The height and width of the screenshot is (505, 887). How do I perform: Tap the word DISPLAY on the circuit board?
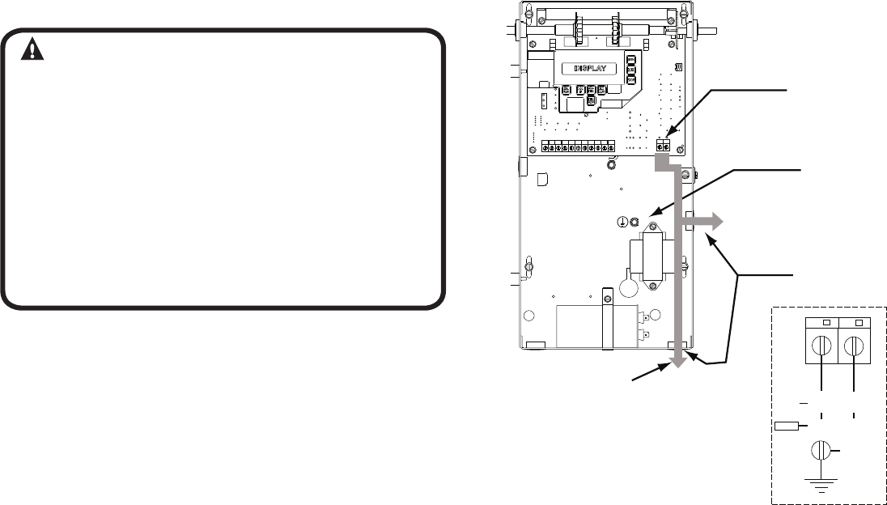(x=595, y=69)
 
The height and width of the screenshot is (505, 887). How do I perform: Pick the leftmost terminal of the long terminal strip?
(x=547, y=149)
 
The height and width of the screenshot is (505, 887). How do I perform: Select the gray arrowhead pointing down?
(x=678, y=361)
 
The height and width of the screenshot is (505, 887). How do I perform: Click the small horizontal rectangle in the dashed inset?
(x=787, y=426)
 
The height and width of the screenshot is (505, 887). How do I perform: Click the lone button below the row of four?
(x=592, y=100)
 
